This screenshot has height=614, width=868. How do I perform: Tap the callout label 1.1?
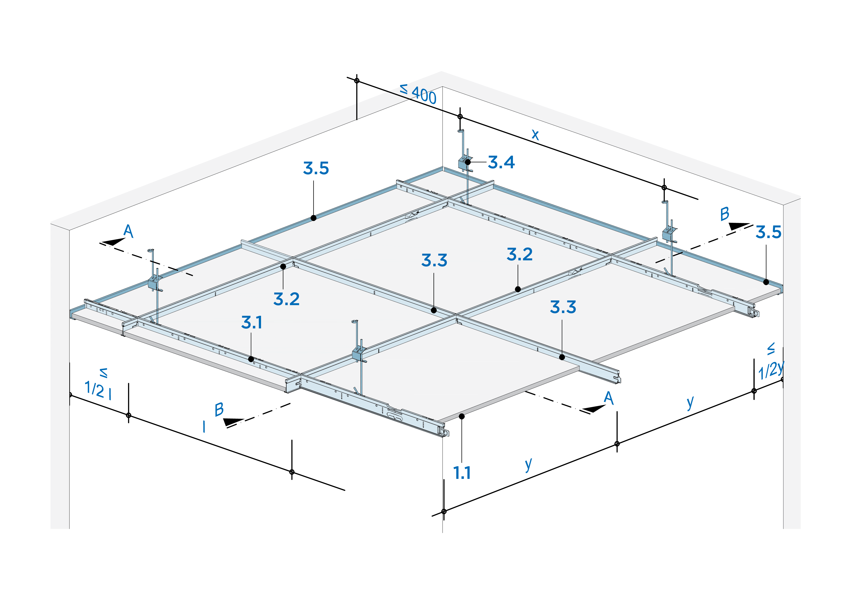[462, 473]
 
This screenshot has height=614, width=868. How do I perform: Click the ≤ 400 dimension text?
[418, 94]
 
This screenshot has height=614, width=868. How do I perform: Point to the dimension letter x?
[535, 134]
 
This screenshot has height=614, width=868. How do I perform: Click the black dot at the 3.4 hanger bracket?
[468, 162]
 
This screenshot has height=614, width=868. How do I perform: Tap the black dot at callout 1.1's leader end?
[462, 416]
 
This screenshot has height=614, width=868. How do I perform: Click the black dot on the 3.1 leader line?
[251, 359]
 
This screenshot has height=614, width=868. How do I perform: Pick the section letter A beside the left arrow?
[128, 231]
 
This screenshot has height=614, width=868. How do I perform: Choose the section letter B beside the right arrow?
[724, 214]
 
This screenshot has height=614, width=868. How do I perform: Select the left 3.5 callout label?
[316, 169]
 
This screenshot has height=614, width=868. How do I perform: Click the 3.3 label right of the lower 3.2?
[563, 307]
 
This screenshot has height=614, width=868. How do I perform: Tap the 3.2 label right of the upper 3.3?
[519, 254]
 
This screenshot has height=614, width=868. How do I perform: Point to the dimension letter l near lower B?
[204, 426]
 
